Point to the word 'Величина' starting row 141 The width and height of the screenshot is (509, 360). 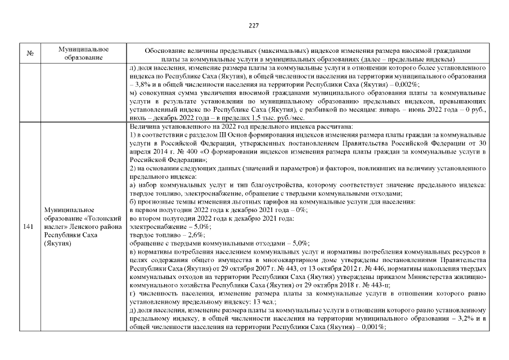145,127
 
